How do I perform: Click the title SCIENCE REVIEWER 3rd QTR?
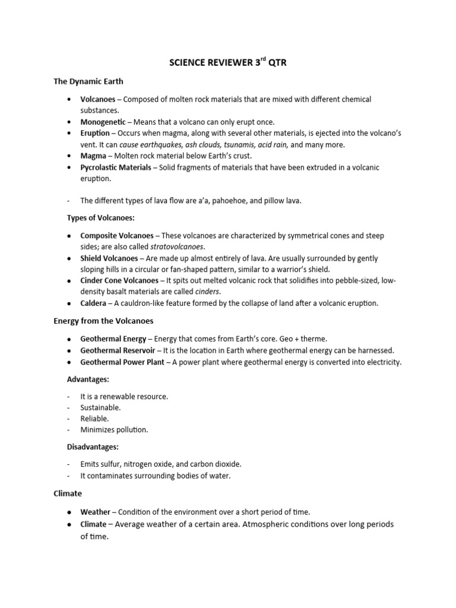point(227,62)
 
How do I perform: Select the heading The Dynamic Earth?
point(88,81)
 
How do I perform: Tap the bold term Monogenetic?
point(103,122)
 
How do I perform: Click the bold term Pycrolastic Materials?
point(116,167)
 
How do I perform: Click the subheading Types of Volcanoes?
point(100,218)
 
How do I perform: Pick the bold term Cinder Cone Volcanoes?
point(119,280)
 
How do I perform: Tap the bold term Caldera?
point(93,303)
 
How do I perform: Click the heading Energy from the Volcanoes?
point(103,321)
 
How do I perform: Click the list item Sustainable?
point(100,407)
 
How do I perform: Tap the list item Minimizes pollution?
point(114,429)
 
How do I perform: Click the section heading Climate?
point(68,493)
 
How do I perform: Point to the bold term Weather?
point(95,512)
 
